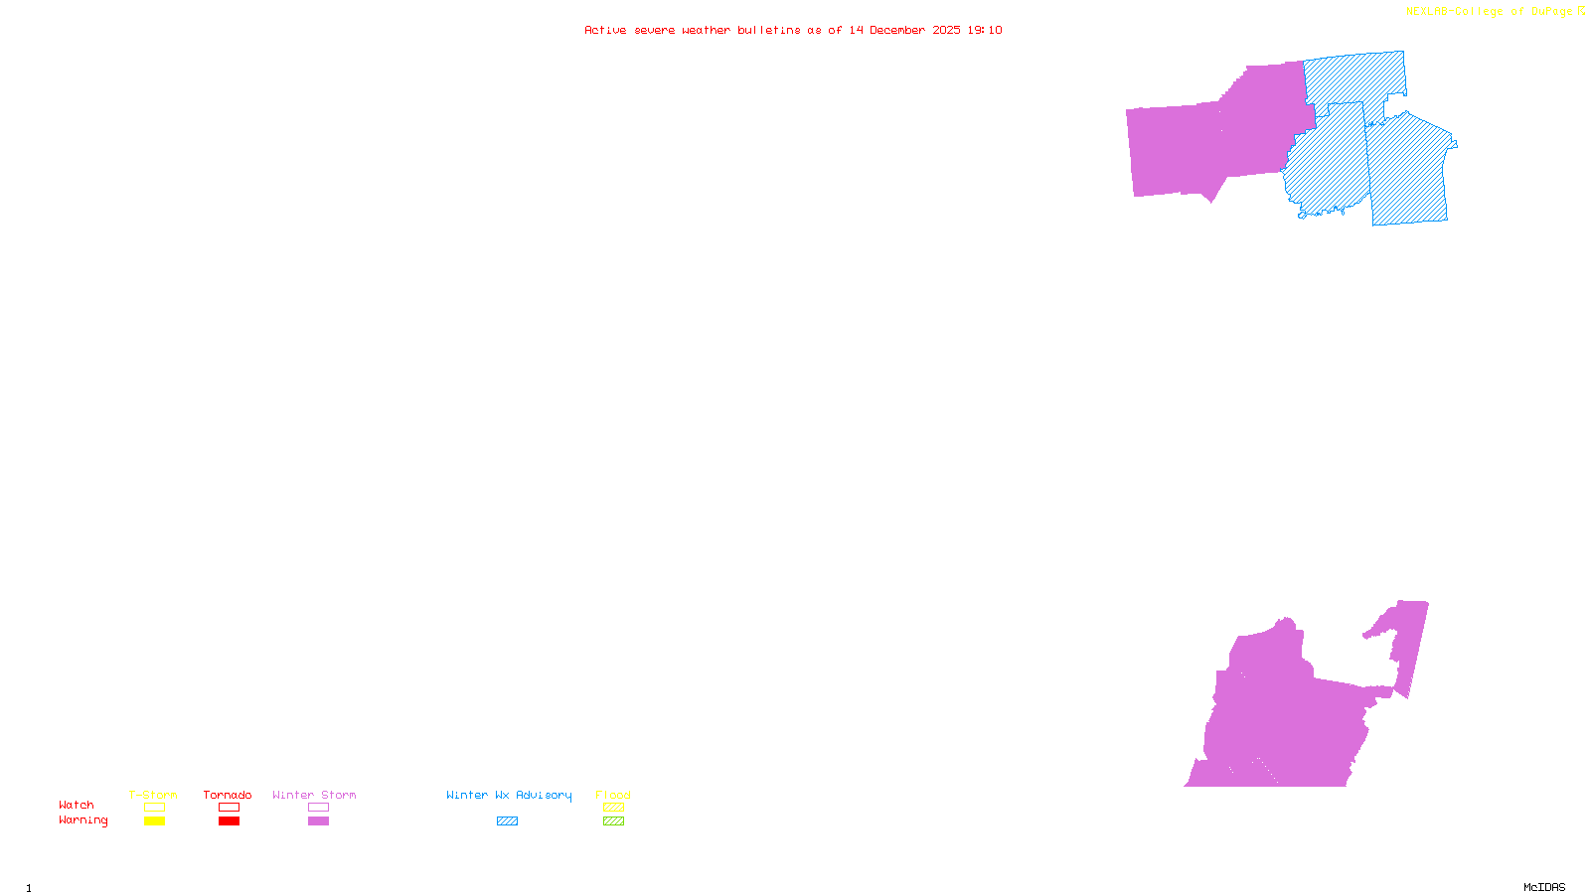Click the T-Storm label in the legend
point(153,795)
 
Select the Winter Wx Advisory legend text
point(509,795)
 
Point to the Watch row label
point(77,805)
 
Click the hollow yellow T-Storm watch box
point(154,808)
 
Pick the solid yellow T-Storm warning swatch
point(154,821)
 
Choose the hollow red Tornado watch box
point(229,808)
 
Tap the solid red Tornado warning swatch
point(229,821)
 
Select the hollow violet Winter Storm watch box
point(318,808)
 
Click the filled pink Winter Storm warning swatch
point(318,821)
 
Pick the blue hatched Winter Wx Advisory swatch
point(507,821)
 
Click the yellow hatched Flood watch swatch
point(613,808)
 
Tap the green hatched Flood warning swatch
point(613,821)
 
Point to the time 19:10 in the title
point(985,30)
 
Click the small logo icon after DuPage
point(1581,11)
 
